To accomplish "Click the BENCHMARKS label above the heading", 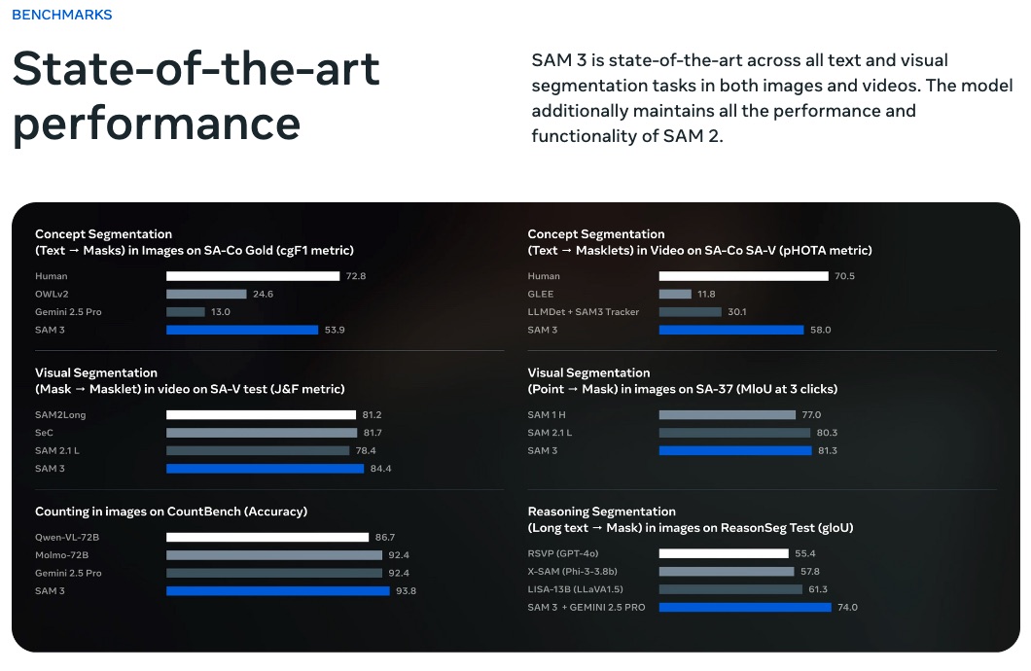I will pyautogui.click(x=61, y=15).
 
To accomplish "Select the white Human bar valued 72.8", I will pyautogui.click(x=253, y=276).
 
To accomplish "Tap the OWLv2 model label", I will pyautogui.click(x=52, y=294).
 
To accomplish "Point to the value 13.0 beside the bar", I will pyautogui.click(x=220, y=312).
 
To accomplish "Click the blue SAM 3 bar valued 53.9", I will pyautogui.click(x=242, y=330).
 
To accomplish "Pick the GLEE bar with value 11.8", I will pyautogui.click(x=675, y=294).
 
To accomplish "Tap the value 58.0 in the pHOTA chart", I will pyautogui.click(x=821, y=330).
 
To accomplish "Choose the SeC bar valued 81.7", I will pyautogui.click(x=262, y=433).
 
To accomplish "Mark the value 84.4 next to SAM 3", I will pyautogui.click(x=380, y=469).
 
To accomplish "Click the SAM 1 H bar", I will pyautogui.click(x=727, y=415).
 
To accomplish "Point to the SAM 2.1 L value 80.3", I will pyautogui.click(x=827, y=433).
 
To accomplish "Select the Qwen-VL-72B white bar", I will pyautogui.click(x=267, y=537).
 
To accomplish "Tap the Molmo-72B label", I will pyautogui.click(x=62, y=554).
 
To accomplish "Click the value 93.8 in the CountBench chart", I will pyautogui.click(x=406, y=590).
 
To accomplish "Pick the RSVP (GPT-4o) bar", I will pyautogui.click(x=724, y=553).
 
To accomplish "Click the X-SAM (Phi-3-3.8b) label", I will pyautogui.click(x=572, y=572).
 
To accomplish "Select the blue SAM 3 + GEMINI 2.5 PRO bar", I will pyautogui.click(x=745, y=608).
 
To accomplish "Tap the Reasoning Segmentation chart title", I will pyautogui.click(x=601, y=512).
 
